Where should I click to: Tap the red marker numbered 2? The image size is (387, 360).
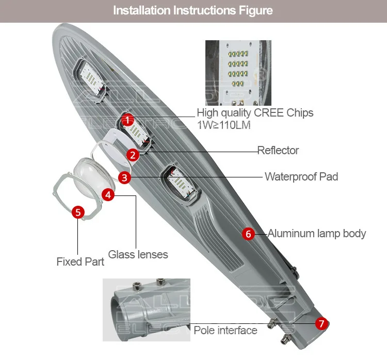(x=133, y=154)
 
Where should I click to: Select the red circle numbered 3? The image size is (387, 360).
(x=124, y=177)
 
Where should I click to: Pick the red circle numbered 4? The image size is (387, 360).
(x=108, y=194)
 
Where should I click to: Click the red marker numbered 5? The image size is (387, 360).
(x=77, y=212)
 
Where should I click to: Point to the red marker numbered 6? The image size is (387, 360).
(x=248, y=234)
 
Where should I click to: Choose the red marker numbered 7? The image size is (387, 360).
(x=321, y=324)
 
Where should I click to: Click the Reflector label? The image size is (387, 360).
(x=278, y=151)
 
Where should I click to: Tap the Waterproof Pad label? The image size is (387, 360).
(x=301, y=176)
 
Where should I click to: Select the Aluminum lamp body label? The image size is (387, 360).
(x=316, y=234)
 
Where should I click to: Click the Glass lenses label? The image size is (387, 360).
(x=138, y=254)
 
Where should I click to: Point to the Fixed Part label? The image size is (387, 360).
(x=80, y=262)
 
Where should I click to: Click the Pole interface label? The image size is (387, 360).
(x=225, y=330)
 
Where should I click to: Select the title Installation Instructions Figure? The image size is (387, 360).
(x=193, y=10)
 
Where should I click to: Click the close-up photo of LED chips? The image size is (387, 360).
(x=238, y=72)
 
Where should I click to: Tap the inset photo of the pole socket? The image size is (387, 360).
(x=147, y=309)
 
